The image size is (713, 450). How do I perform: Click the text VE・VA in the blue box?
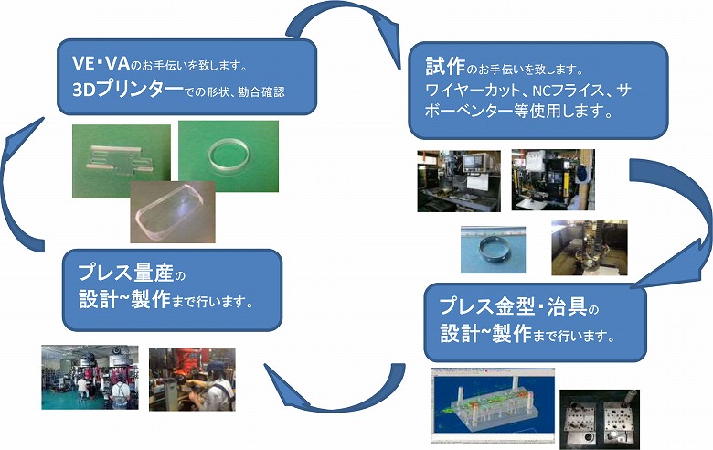pos(101,63)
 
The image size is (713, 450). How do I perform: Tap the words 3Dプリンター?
pos(127,90)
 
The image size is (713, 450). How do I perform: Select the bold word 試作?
pos(445,67)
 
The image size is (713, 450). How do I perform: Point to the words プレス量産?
pos(126,272)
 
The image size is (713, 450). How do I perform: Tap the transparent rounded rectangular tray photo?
pos(173,212)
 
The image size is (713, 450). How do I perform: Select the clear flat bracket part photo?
pos(122,162)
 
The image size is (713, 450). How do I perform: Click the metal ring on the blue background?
pos(493,250)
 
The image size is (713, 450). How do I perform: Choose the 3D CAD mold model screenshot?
pos(493,405)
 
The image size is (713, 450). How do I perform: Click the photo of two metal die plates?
pos(600,420)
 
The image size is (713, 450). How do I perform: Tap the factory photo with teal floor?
pos(90,377)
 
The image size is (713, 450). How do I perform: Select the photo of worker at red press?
pos(192,380)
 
